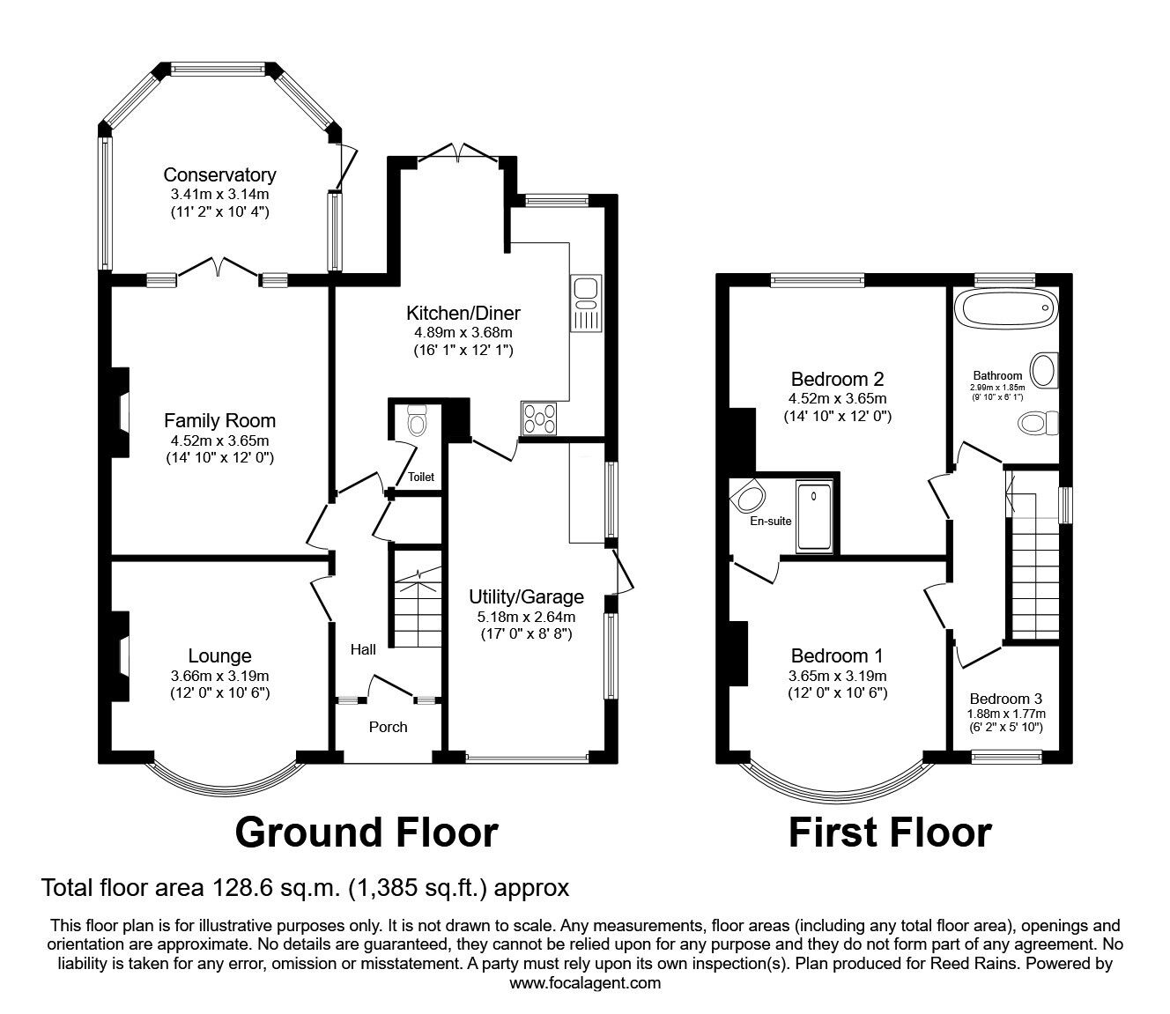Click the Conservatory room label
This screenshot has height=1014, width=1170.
click(219, 175)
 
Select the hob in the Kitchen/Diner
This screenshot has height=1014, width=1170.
click(540, 418)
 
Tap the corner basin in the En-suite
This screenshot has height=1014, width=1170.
click(749, 499)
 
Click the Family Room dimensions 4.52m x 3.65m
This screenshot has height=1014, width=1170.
click(219, 441)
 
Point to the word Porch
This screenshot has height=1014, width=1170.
click(388, 727)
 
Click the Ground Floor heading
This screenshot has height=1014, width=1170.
click(367, 832)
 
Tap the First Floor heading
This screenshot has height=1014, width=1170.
click(890, 832)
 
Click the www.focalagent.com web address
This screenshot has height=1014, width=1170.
click(585, 983)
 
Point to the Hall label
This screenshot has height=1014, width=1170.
click(363, 650)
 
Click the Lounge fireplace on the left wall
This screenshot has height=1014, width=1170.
click(120, 655)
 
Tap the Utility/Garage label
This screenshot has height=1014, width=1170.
click(526, 597)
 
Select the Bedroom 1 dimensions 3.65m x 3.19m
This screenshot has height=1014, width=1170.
click(837, 676)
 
